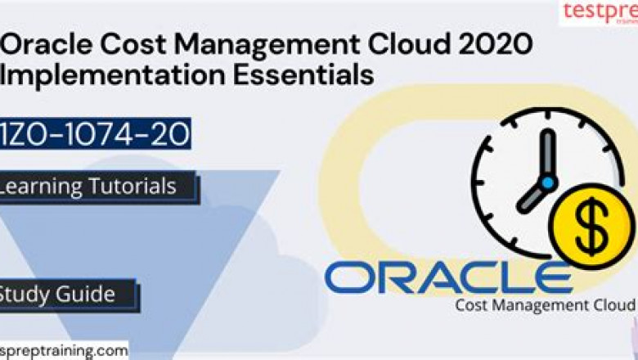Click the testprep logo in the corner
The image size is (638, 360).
(598, 12)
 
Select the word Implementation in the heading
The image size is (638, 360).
(88, 74)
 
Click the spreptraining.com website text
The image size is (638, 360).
(64, 351)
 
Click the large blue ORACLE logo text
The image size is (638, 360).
(448, 278)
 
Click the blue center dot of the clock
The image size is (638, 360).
(547, 182)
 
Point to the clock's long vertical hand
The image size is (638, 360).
(547, 151)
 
